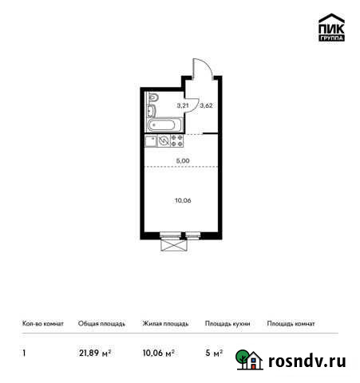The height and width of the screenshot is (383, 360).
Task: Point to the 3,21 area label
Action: [x=182, y=105]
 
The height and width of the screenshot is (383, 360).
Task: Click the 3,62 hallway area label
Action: [x=205, y=105]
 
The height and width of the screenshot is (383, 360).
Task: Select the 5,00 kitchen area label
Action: [x=182, y=160]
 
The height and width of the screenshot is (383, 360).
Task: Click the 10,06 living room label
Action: [x=182, y=200]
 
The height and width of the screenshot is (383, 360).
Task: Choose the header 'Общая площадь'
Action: [x=101, y=324]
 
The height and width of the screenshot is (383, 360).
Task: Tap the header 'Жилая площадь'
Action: [x=165, y=324]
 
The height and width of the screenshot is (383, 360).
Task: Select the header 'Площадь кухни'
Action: [x=227, y=324]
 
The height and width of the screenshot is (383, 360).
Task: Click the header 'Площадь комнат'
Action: [x=291, y=324]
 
